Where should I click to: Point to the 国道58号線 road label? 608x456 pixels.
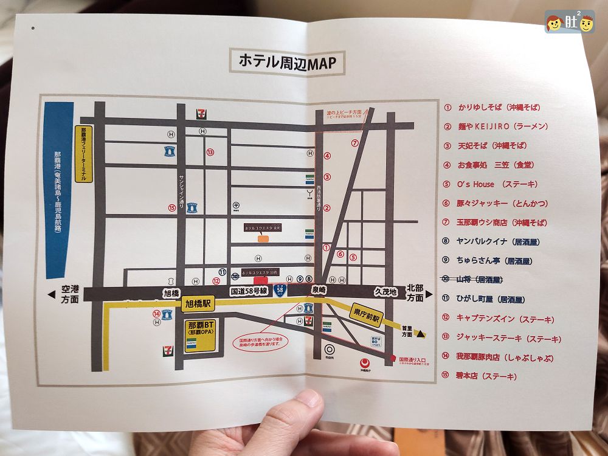248,292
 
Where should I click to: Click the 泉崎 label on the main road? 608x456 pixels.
319,291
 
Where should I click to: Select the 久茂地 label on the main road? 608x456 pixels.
386,292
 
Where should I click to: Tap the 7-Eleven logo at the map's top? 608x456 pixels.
201,113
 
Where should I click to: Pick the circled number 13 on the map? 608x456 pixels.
210,153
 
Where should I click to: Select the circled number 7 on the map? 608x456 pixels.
355,143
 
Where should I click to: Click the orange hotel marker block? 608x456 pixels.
263,239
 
